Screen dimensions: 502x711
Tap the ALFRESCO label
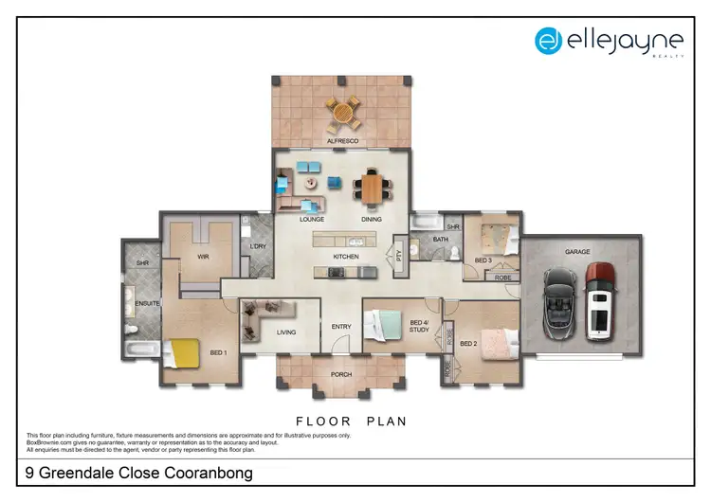(341, 140)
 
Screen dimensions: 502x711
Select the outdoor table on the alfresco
(343, 113)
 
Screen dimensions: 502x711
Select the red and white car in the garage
(600, 300)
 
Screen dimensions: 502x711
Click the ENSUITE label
(148, 304)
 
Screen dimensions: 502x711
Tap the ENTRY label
(341, 327)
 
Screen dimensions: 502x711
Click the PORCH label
(341, 374)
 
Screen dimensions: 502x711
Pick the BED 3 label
(483, 260)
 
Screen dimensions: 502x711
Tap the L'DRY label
(256, 247)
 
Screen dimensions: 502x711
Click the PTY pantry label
(399, 254)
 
